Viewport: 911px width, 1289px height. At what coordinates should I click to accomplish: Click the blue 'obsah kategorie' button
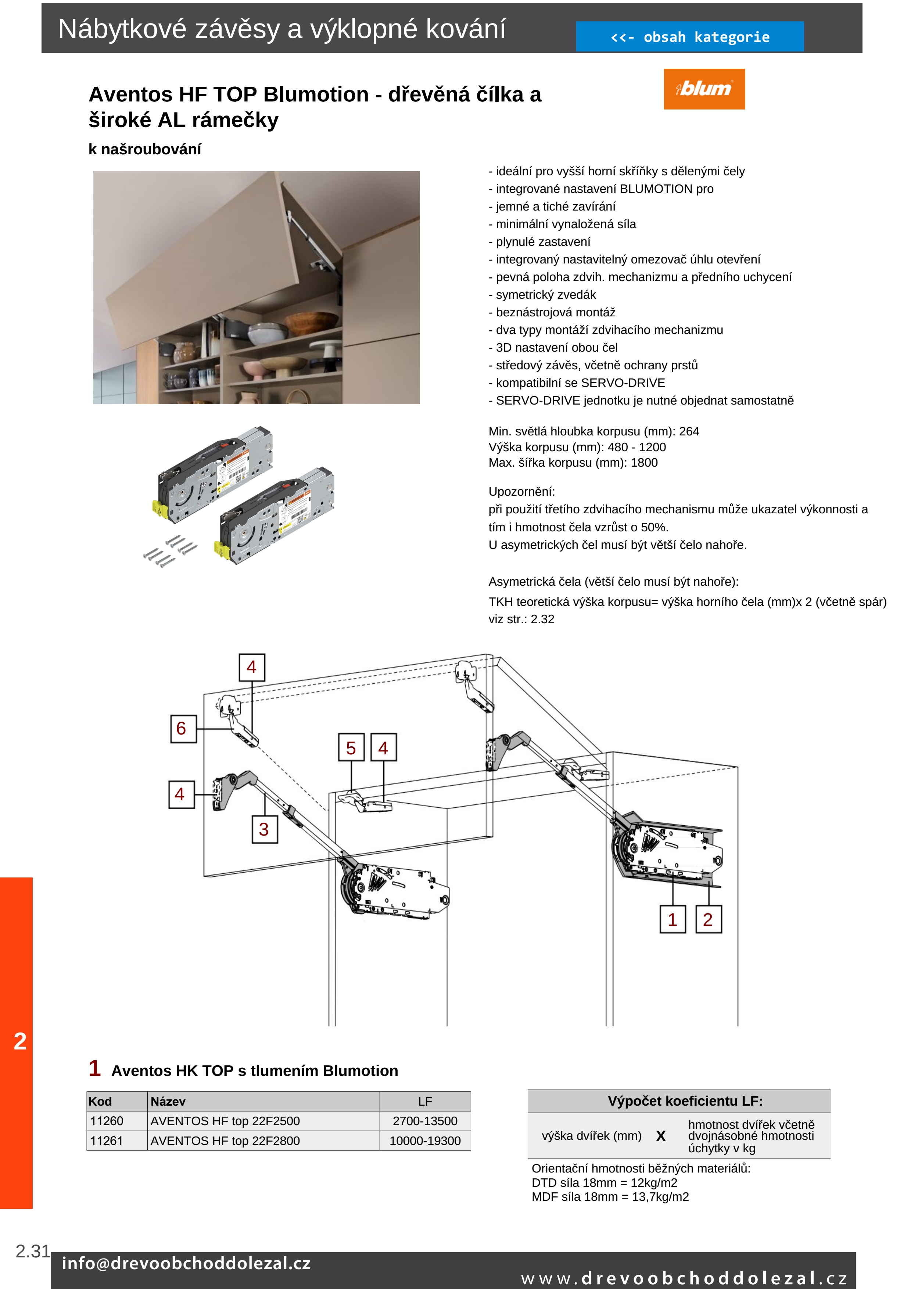[x=689, y=37]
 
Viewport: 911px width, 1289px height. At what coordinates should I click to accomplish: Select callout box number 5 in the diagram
[x=351, y=747]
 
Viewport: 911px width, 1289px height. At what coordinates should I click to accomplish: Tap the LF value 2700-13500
[x=425, y=1121]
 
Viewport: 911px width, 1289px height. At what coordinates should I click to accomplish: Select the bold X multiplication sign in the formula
[x=661, y=1136]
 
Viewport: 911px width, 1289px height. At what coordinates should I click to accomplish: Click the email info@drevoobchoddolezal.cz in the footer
[x=186, y=1263]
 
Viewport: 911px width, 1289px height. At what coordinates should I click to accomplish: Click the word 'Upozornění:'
[x=521, y=492]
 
